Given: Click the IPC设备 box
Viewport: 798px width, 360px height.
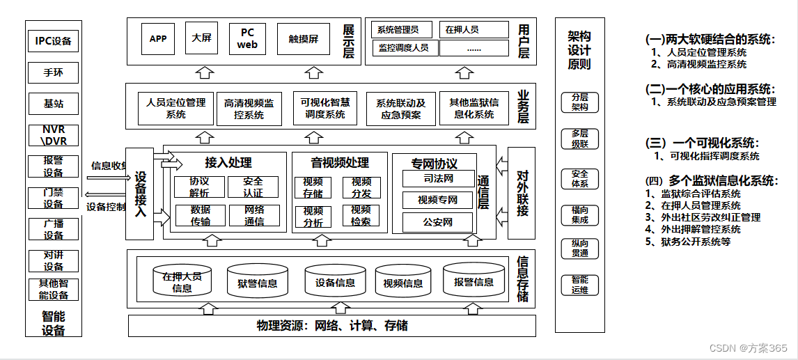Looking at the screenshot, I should (x=54, y=41).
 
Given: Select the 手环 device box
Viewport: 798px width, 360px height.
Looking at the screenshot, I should (x=54, y=72).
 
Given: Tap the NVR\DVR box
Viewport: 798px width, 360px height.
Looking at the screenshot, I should (x=54, y=135).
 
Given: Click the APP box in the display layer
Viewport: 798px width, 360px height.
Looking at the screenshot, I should (x=158, y=39).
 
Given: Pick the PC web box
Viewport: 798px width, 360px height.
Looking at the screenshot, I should (x=247, y=39).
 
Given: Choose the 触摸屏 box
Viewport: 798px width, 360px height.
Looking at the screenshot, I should (x=304, y=39).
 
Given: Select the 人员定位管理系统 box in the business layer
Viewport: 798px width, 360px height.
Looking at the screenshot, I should (x=176, y=109).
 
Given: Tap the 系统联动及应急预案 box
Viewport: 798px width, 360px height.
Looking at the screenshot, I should (x=401, y=109).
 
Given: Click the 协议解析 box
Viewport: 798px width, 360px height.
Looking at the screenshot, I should (x=199, y=187).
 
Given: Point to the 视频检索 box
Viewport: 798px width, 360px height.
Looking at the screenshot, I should (x=361, y=216).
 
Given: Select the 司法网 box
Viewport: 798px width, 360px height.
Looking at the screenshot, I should (x=438, y=179).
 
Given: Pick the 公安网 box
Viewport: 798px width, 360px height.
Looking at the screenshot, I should (x=438, y=223).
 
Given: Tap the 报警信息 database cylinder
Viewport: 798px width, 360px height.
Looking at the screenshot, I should (x=474, y=280).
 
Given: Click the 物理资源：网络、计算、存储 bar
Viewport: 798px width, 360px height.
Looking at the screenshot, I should (x=331, y=326).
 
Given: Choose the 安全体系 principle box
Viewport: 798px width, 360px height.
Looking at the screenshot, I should (x=579, y=179).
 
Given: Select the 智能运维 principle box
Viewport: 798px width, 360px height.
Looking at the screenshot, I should (x=579, y=285).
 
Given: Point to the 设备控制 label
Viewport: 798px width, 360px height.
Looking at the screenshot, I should (x=106, y=207).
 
